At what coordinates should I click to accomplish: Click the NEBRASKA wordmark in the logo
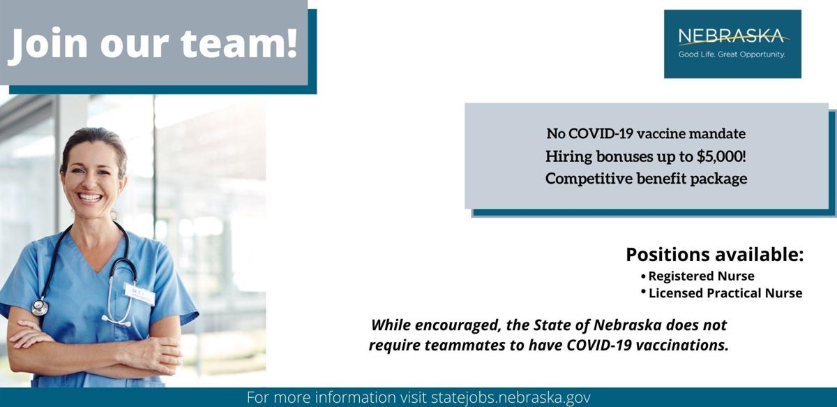point(732,36)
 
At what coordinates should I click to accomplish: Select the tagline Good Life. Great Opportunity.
point(732,54)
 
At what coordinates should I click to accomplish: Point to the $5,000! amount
point(721,156)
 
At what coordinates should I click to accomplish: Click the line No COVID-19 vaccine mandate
point(646,133)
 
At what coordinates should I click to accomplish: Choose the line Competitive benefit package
point(646,179)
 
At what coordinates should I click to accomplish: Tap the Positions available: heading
point(714,254)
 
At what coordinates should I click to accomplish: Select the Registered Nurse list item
point(701,276)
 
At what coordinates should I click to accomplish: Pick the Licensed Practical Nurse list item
point(725,293)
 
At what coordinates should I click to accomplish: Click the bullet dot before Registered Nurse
point(643,276)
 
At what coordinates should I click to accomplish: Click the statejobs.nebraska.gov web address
point(511,397)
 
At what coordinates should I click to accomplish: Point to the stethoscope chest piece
point(39,307)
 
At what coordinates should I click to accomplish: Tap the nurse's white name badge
point(139,294)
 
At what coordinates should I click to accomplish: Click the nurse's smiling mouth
point(90,197)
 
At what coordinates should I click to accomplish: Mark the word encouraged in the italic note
point(458,325)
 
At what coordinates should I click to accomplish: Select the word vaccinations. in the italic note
point(682,345)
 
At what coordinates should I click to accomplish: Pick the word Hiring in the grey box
point(568,156)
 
